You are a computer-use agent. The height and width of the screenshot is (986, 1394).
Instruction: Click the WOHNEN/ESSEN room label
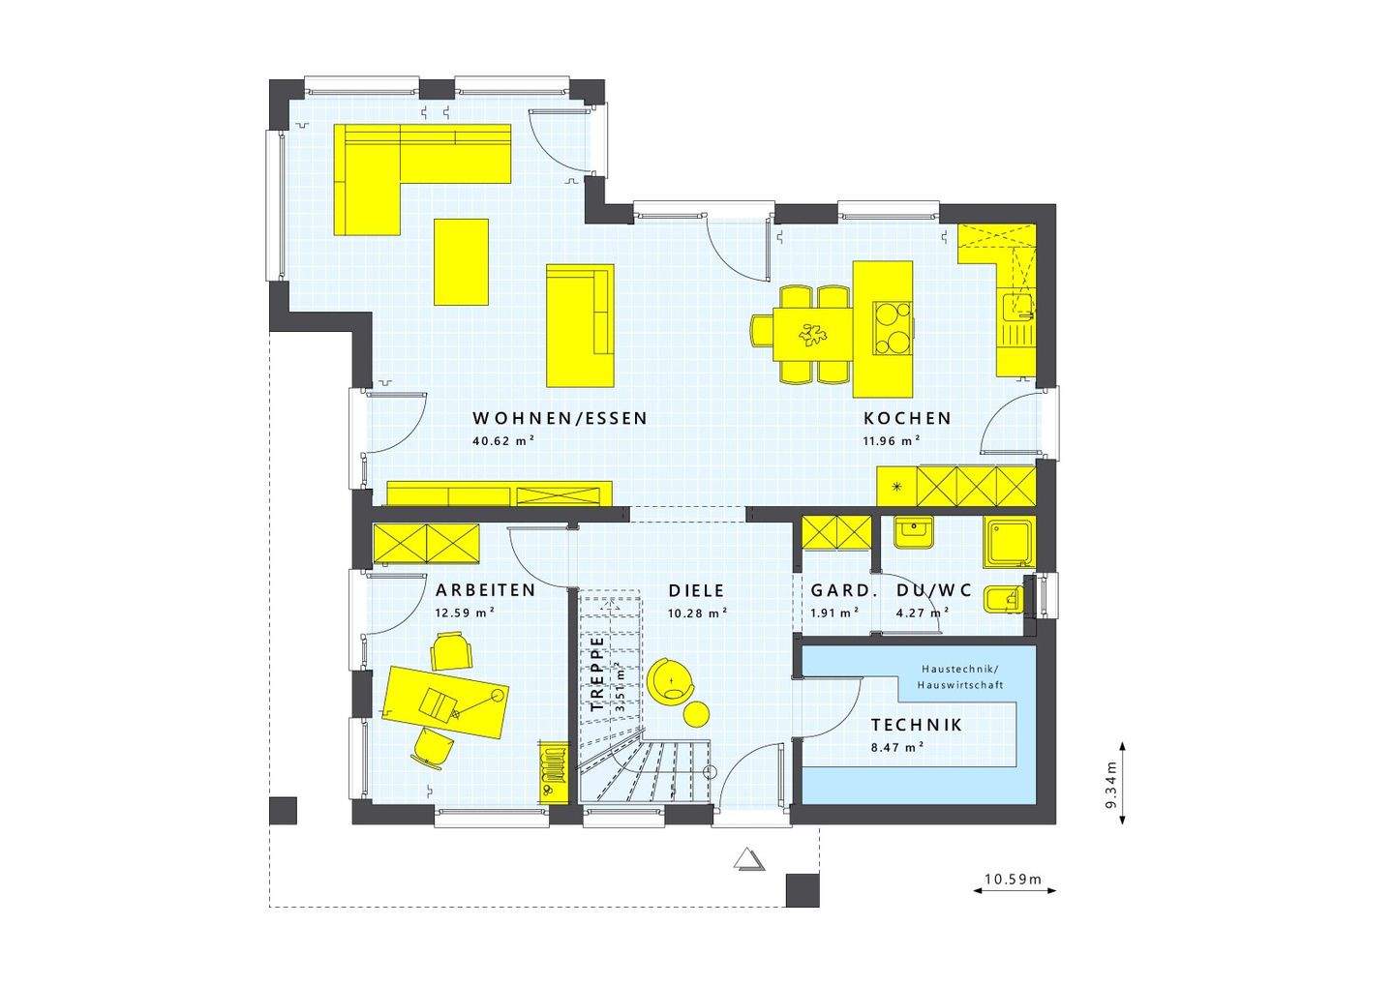[560, 419]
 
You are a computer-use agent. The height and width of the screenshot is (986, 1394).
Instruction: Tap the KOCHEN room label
[907, 419]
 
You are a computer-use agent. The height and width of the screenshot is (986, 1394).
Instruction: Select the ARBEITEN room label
[485, 590]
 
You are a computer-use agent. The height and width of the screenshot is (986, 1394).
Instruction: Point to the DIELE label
[696, 590]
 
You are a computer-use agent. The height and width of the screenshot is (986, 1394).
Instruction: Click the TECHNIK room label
[916, 725]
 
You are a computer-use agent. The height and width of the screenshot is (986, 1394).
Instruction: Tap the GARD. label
[844, 590]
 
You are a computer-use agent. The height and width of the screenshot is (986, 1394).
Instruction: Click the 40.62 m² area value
[503, 440]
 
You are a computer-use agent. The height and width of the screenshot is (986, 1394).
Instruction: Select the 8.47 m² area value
[896, 746]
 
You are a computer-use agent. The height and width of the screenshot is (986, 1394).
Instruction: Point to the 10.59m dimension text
[1013, 880]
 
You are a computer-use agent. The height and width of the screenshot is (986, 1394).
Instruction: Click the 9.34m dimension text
[1111, 784]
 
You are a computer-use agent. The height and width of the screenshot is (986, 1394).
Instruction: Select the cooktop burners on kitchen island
[893, 328]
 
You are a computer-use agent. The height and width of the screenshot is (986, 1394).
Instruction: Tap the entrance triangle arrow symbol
[747, 859]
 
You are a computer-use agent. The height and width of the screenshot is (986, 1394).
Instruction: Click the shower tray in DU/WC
[1009, 542]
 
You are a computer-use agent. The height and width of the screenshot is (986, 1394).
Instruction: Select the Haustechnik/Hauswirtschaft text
[961, 676]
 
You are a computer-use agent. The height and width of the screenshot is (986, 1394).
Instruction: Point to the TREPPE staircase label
[597, 673]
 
